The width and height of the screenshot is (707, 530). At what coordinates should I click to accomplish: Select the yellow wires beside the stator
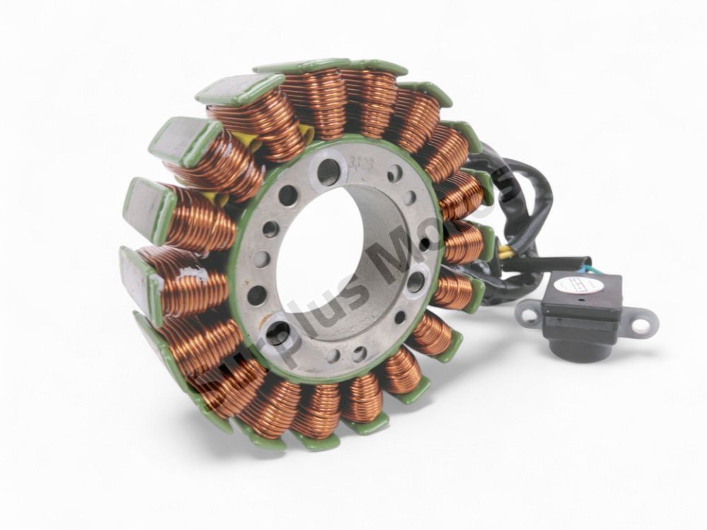[506, 252]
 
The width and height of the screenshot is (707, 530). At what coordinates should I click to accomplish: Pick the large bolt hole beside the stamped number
[329, 172]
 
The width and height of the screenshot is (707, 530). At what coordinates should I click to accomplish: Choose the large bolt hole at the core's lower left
[278, 333]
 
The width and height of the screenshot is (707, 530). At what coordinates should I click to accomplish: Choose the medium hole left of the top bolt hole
[288, 195]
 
